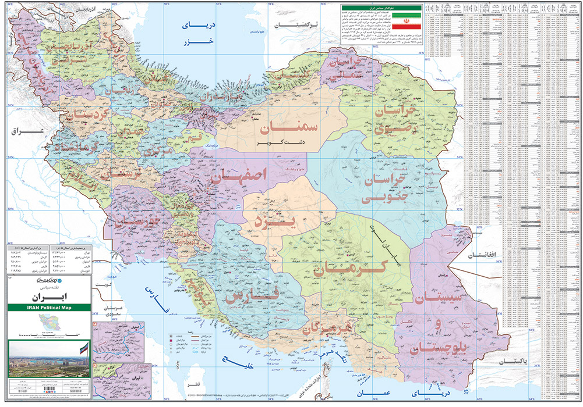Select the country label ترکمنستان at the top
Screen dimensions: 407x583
[300, 25]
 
